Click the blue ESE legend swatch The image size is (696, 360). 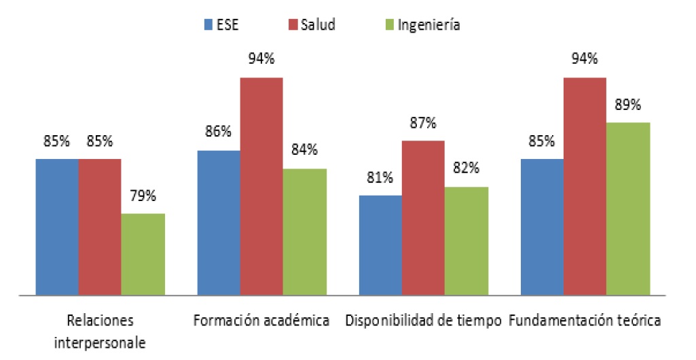208,25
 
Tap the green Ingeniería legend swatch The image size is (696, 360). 388,25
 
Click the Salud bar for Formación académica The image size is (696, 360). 261,187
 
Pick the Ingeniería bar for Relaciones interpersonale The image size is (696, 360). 143,255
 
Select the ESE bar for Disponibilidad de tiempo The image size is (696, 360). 380,245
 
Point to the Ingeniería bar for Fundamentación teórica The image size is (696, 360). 628,209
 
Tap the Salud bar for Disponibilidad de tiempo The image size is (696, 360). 423,218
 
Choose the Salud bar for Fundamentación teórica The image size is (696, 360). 585,187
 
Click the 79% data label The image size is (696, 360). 143,196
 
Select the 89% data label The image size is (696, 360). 628,105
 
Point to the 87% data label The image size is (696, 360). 423,124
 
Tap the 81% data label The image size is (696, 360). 380,178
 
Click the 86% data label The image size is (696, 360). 218,133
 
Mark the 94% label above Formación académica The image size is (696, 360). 261,59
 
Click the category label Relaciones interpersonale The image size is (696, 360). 100,331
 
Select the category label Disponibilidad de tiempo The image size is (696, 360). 423,320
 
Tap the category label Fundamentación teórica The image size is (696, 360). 585,320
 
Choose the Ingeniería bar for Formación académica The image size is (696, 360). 304,232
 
